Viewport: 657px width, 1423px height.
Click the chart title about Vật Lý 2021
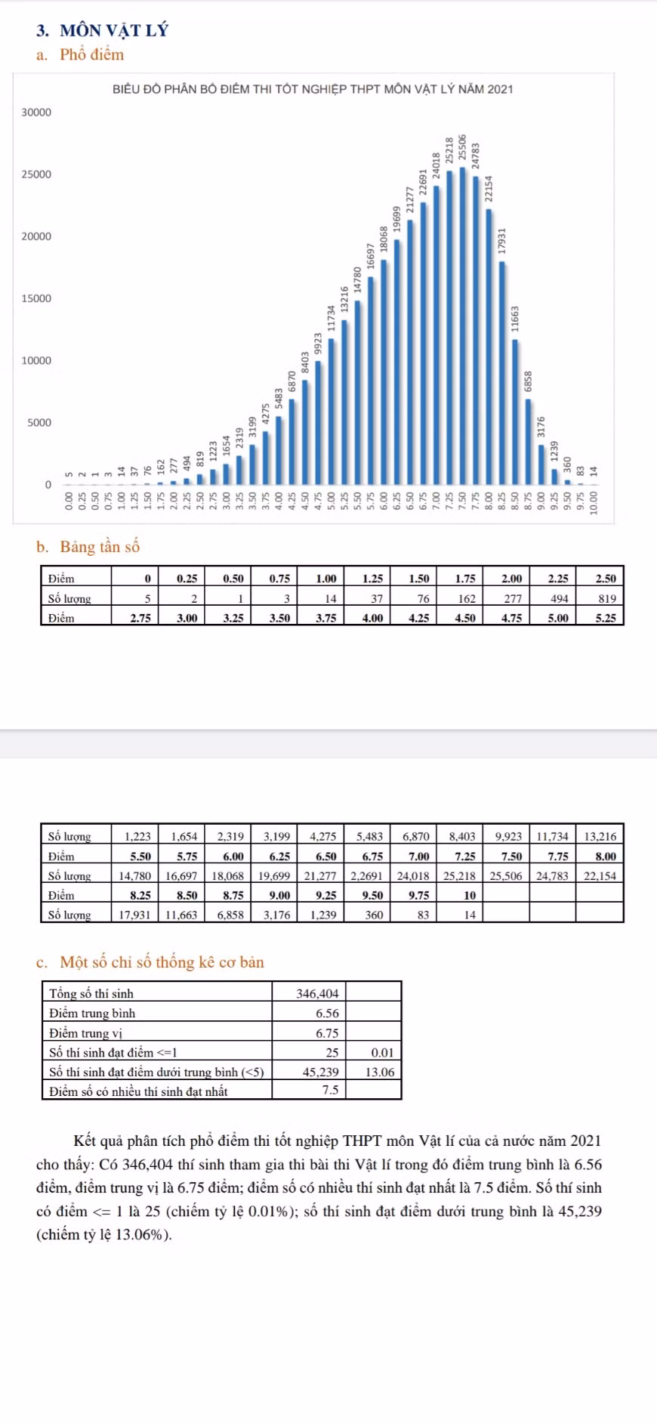coord(313,89)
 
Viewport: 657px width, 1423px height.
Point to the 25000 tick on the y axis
coord(36,174)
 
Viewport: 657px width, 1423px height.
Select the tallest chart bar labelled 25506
coord(462,326)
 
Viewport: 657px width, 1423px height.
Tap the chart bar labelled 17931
coord(501,373)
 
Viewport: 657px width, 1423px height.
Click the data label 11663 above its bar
coord(515,318)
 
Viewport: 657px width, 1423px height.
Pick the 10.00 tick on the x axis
coord(594,502)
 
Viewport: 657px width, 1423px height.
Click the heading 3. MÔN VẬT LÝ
coord(102,30)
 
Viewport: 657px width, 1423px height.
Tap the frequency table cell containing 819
coord(600,598)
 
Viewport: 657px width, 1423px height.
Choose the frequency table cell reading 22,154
coord(600,875)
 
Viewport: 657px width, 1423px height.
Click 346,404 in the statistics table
coord(317,994)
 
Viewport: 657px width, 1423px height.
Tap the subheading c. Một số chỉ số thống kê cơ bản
coord(150,962)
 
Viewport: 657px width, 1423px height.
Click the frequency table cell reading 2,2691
coord(368,875)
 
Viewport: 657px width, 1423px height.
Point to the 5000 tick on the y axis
coord(39,422)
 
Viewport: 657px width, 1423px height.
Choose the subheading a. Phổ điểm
coord(80,54)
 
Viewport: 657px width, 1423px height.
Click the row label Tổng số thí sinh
coord(91,994)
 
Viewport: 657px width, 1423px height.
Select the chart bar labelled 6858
coord(528,441)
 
